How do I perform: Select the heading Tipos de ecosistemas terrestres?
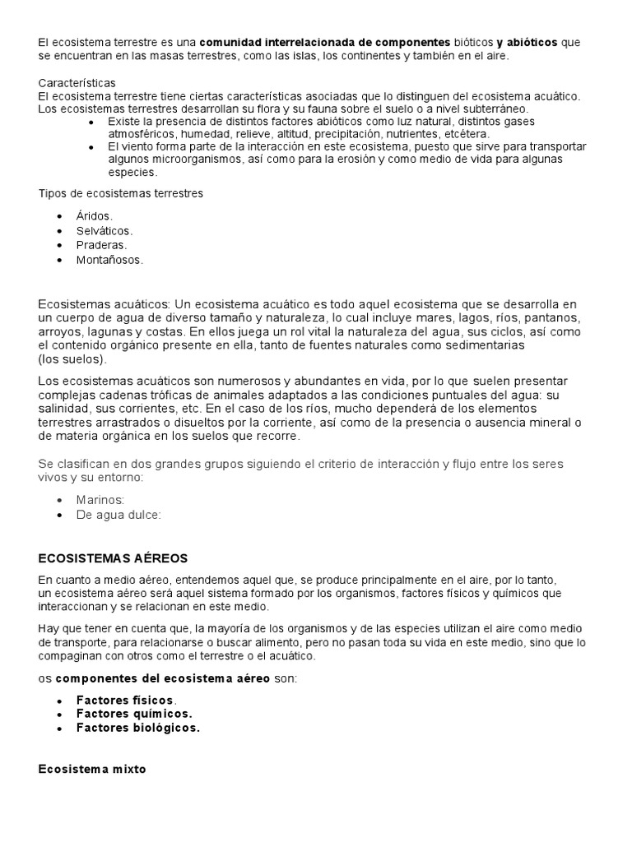click(120, 193)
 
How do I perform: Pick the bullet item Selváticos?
click(105, 230)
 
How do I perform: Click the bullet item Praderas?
click(102, 245)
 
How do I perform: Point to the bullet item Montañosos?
click(109, 260)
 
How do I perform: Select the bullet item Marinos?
click(100, 499)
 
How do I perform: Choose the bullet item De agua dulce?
click(119, 515)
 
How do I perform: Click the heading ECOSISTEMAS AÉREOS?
click(114, 558)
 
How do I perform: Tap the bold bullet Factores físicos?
click(126, 699)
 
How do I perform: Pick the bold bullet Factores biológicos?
click(138, 728)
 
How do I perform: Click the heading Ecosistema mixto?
click(92, 770)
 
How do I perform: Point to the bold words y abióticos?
click(527, 41)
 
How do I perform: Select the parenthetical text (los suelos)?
click(72, 359)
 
